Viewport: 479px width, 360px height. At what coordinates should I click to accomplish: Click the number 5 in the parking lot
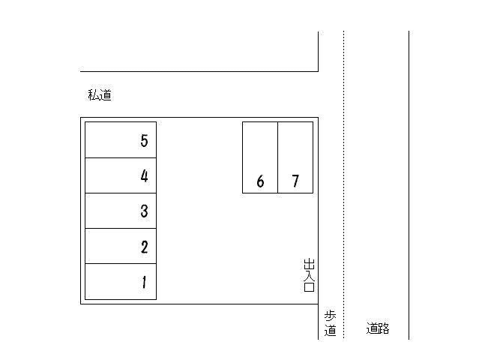click(144, 140)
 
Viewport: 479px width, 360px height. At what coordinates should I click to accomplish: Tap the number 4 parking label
click(144, 176)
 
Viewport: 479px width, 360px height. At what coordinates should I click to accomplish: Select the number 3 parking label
click(144, 211)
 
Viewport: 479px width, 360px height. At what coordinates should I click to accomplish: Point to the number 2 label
click(144, 247)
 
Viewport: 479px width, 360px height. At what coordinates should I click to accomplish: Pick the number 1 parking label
click(144, 283)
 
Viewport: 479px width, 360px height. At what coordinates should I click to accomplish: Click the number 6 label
click(260, 181)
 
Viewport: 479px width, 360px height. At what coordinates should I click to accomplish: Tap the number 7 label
click(295, 181)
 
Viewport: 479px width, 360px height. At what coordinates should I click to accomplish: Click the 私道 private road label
click(100, 95)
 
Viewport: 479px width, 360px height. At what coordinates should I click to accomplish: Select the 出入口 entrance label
click(309, 274)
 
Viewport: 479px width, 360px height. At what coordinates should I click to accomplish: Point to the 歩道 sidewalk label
click(330, 322)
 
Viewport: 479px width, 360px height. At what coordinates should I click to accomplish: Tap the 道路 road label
click(378, 328)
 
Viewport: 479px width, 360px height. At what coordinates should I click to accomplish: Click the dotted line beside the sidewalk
click(343, 187)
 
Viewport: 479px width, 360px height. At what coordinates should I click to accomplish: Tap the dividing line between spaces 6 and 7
click(278, 157)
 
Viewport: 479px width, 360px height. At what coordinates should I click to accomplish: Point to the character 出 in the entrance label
click(309, 264)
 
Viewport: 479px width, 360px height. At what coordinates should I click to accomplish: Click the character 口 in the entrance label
click(309, 286)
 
